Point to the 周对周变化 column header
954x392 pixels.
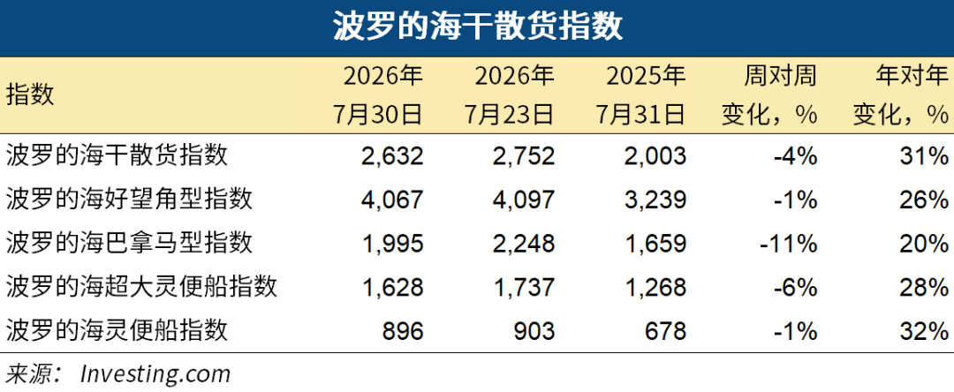tap(769, 94)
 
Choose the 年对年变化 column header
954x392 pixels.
tap(900, 94)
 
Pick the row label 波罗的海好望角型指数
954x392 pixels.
tap(129, 198)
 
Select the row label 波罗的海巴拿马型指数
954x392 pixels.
tap(129, 243)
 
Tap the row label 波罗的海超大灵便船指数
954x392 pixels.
tap(141, 286)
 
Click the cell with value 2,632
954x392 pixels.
tap(391, 155)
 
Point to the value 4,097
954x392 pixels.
tap(523, 200)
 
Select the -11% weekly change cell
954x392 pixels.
tap(789, 243)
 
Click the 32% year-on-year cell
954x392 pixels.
tap(924, 330)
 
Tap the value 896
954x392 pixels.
tap(403, 330)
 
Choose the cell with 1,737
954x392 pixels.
tap(523, 287)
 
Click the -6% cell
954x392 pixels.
tap(795, 287)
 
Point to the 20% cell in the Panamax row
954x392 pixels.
tap(924, 243)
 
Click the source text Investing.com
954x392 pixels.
tap(155, 373)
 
